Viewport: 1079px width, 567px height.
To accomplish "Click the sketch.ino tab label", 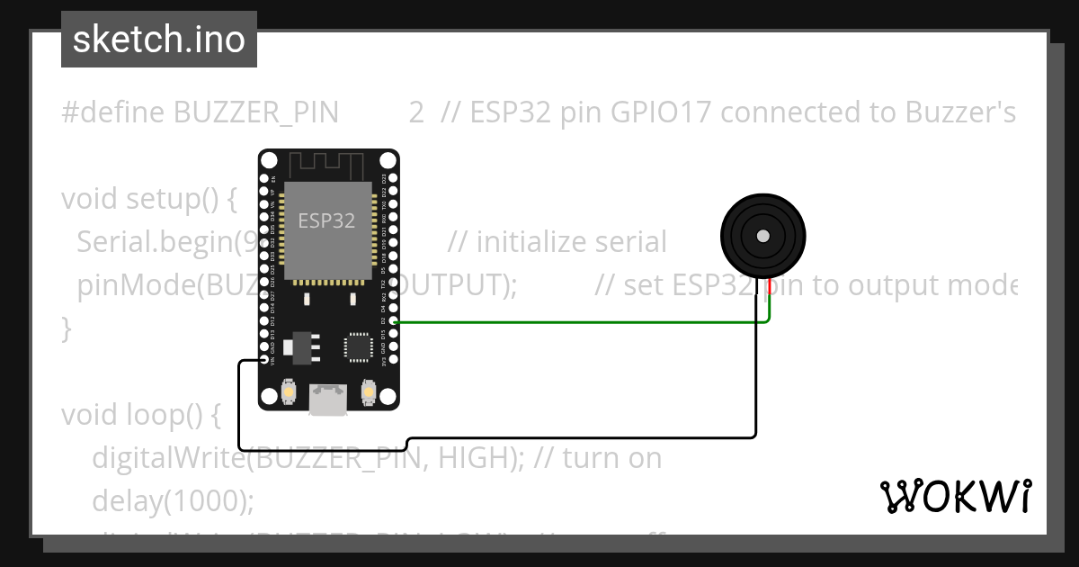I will pyautogui.click(x=159, y=40).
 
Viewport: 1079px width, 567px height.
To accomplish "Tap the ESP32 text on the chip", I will pyautogui.click(x=326, y=220).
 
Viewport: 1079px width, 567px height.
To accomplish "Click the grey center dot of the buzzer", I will pyautogui.click(x=762, y=236).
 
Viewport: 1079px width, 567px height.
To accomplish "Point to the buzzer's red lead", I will pyautogui.click(x=770, y=287).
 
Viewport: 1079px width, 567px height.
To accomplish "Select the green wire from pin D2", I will pyautogui.click(x=575, y=321).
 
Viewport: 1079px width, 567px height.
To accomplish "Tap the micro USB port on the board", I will pyautogui.click(x=327, y=399).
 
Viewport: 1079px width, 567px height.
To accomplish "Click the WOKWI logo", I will pyautogui.click(x=955, y=496).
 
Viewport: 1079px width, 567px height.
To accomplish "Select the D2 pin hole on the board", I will pyautogui.click(x=392, y=321).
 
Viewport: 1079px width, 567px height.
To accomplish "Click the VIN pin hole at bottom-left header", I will pyautogui.click(x=265, y=360).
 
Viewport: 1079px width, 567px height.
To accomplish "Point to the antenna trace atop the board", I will pyautogui.click(x=326, y=164).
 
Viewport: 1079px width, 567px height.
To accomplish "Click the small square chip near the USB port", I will pyautogui.click(x=358, y=346).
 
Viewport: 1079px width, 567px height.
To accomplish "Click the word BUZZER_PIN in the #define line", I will pyautogui.click(x=256, y=112).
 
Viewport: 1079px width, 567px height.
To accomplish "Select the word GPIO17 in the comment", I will pyautogui.click(x=661, y=112).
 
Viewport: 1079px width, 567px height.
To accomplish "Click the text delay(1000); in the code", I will pyautogui.click(x=174, y=500).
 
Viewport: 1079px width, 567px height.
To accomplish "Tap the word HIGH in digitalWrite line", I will pyautogui.click(x=476, y=458).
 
